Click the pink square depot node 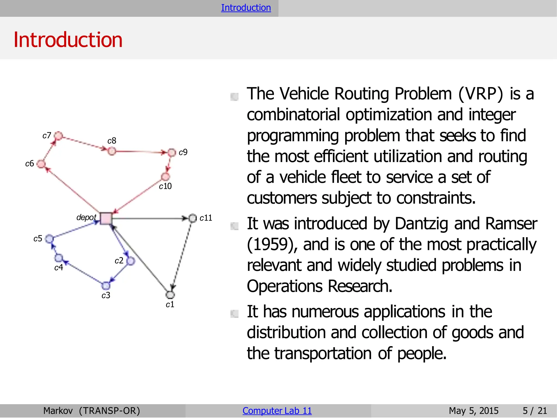coord(106,218)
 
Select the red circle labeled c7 coord(58,135)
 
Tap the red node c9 coord(172,153)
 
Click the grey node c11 coord(193,218)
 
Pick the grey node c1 coord(170,295)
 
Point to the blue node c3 coord(106,286)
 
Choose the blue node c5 coord(49,239)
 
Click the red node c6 coord(41,164)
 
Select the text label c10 coord(165,186)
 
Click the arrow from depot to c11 coord(150,218)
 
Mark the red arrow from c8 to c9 coord(141,152)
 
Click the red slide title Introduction coord(68,40)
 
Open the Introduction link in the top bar coord(246,8)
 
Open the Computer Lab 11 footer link coord(277,411)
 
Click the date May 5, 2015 coord(474,411)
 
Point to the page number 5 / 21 coord(535,411)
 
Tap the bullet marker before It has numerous coord(234,314)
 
